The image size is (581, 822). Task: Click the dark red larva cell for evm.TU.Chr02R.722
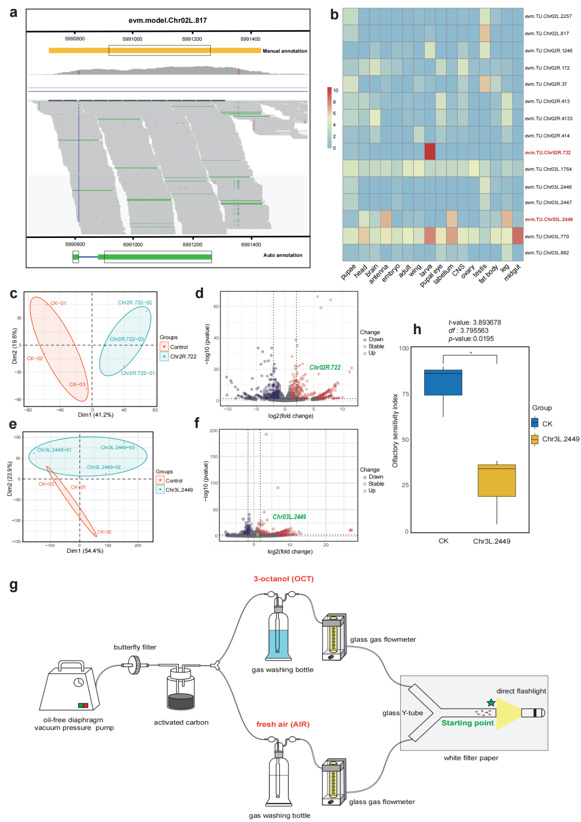click(x=430, y=152)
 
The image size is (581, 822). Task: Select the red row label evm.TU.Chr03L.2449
click(x=548, y=220)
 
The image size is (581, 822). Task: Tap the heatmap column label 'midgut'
click(x=513, y=273)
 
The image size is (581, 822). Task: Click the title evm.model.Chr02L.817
click(x=168, y=21)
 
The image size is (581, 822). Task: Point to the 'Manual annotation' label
click(x=285, y=51)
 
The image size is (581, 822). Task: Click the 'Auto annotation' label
click(x=283, y=255)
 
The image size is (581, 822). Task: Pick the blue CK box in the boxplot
click(x=443, y=382)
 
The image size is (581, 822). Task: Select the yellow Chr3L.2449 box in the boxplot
click(x=497, y=480)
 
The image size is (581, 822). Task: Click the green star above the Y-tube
click(x=491, y=703)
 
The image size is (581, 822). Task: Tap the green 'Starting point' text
click(x=467, y=723)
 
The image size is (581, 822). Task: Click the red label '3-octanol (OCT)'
click(x=284, y=579)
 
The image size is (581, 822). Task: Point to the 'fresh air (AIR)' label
click(x=283, y=724)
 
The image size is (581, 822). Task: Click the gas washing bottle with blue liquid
click(x=278, y=633)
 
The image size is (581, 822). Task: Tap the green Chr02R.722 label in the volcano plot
click(x=325, y=368)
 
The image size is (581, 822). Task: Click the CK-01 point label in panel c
click(x=58, y=303)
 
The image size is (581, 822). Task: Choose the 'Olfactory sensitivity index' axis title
click(x=395, y=430)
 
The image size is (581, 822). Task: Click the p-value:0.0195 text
click(x=471, y=339)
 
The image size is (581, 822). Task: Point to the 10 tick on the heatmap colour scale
click(x=335, y=91)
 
